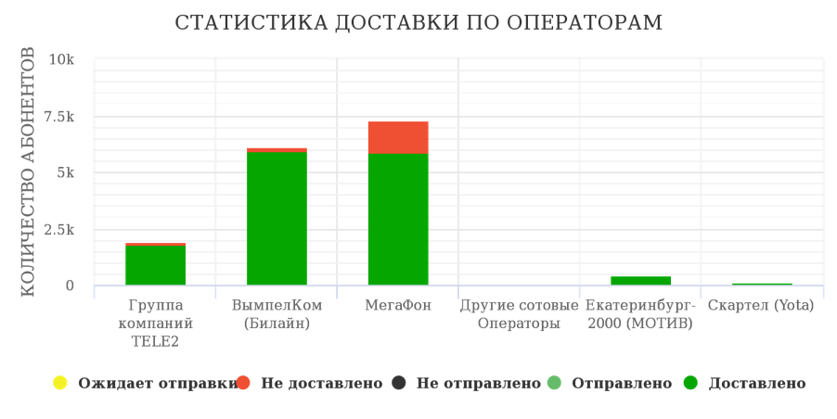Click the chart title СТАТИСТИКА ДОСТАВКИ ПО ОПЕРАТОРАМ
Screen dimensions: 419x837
point(418,22)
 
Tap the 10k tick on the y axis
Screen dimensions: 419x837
point(61,60)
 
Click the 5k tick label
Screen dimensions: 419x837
point(65,172)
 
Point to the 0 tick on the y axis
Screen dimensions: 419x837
point(69,286)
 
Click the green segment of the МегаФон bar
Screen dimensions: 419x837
point(398,220)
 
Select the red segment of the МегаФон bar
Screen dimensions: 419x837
point(398,137)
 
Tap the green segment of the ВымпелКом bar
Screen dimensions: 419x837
point(277,218)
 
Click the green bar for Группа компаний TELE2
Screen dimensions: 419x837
point(156,265)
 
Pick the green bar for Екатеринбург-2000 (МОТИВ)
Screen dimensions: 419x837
point(640,280)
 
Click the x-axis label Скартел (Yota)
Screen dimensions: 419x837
point(761,305)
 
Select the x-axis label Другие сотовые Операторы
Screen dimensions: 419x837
point(519,314)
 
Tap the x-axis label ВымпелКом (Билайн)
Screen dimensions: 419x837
point(277,314)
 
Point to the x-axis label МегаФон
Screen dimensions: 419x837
point(398,305)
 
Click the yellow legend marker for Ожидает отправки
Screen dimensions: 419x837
point(59,383)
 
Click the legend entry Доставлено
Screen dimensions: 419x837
point(756,383)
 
